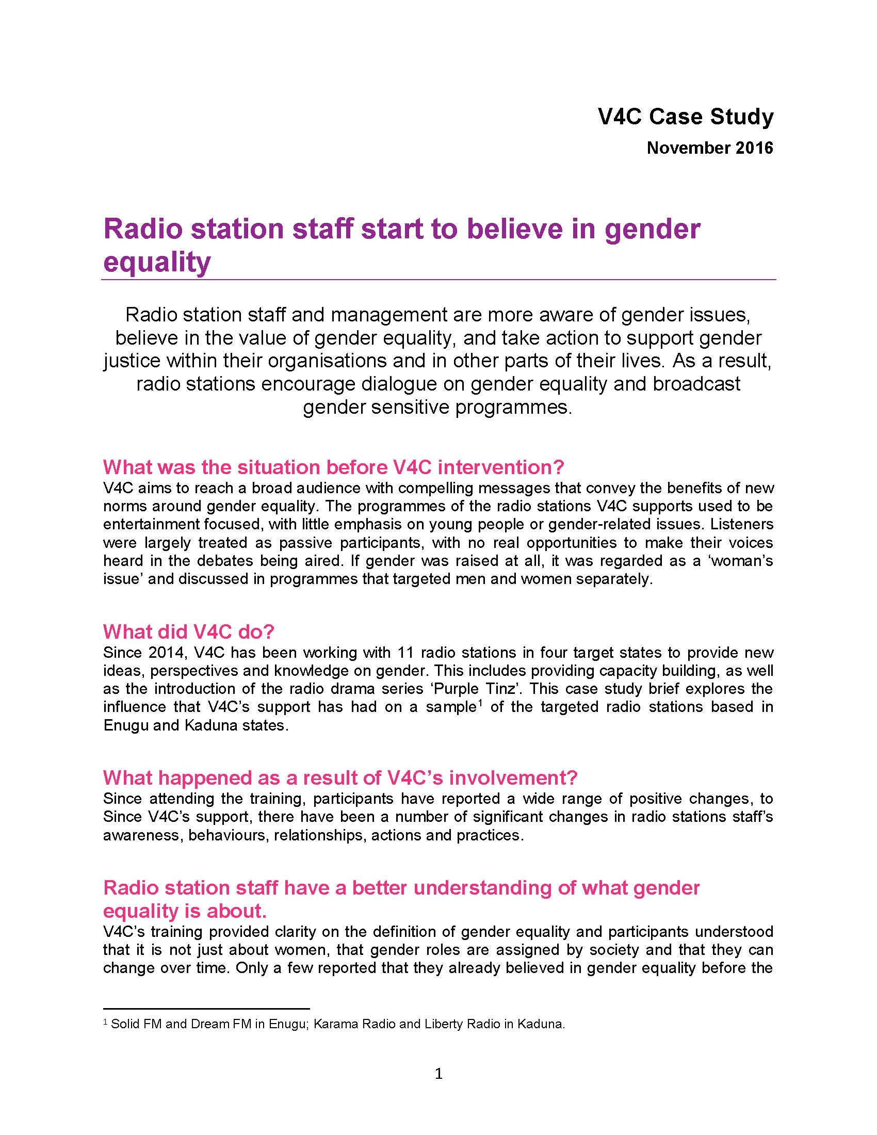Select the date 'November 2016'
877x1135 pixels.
pos(710,148)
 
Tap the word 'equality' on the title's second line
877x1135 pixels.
pos(156,262)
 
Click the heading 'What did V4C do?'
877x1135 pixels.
pos(188,631)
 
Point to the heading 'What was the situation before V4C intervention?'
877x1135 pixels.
pos(333,467)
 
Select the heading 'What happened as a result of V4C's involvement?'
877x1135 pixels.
pos(340,777)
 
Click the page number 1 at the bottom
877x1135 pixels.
pos(438,1073)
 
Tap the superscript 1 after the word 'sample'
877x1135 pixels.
pos(480,703)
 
